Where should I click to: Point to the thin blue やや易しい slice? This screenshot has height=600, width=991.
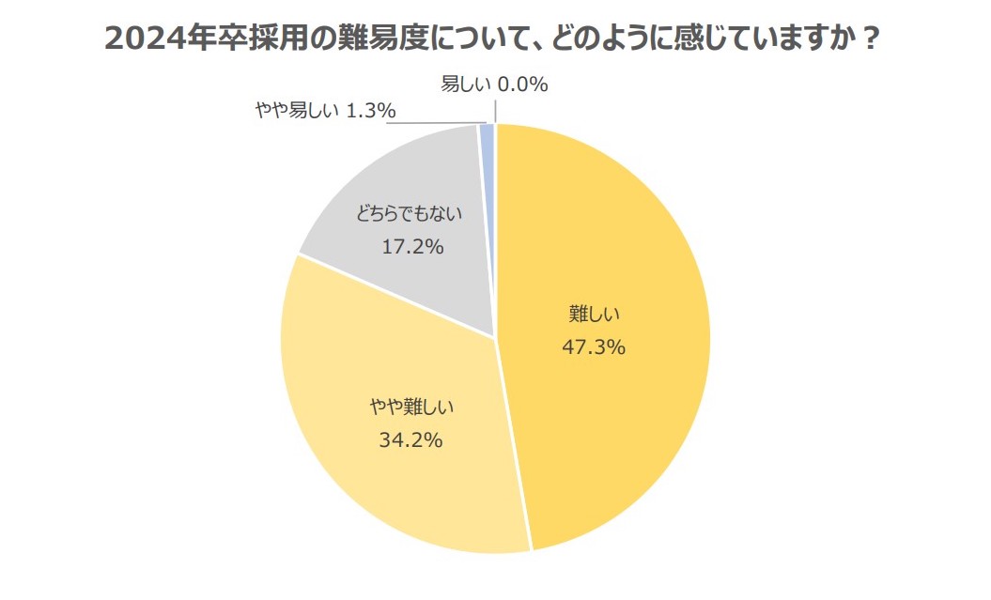pyautogui.click(x=487, y=137)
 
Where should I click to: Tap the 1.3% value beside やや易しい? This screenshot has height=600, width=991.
pyautogui.click(x=369, y=111)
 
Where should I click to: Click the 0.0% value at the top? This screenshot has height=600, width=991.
pyautogui.click(x=522, y=85)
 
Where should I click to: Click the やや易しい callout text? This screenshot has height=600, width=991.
pyautogui.click(x=296, y=111)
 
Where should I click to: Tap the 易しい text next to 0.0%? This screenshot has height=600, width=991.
pyautogui.click(x=466, y=85)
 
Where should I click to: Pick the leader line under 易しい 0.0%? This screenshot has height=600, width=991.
pyautogui.click(x=495, y=108)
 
